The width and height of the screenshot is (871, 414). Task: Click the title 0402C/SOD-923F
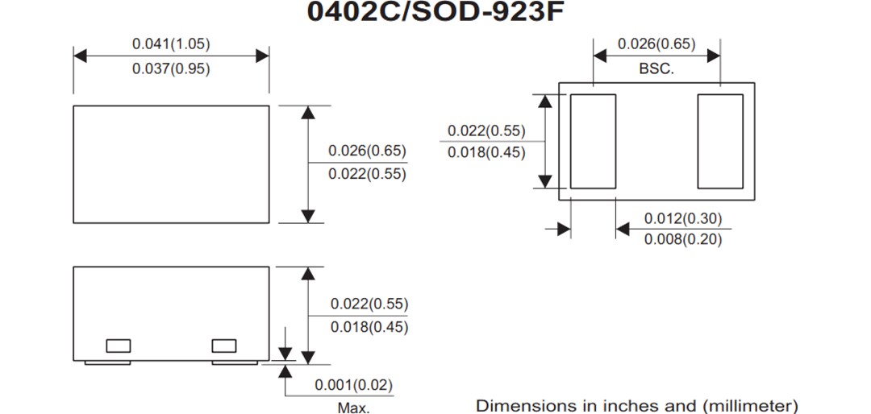tap(432, 12)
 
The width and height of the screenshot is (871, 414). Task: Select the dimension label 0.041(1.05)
tap(171, 43)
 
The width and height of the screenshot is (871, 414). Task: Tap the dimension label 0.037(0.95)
tap(171, 69)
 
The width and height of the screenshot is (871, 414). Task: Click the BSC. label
tap(656, 69)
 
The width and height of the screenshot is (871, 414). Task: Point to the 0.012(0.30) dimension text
tap(683, 218)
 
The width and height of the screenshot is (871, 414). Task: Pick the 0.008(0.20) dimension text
tap(683, 239)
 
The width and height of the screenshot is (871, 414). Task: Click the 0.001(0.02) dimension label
tap(354, 386)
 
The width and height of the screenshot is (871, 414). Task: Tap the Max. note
tap(353, 408)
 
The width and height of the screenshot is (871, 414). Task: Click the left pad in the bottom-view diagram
tap(593, 141)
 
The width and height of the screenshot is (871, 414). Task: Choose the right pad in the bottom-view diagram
tap(720, 141)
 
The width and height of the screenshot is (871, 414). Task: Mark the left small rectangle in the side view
tap(118, 346)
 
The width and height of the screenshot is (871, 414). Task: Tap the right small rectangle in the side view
tap(224, 346)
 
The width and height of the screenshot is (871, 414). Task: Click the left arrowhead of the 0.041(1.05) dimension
tap(79, 56)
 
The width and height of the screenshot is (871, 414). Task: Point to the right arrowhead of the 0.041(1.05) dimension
tap(263, 56)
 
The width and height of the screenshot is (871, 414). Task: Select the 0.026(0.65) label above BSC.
tap(656, 43)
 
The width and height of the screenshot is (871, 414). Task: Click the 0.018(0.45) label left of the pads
tap(486, 152)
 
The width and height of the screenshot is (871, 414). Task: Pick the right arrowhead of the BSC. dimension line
tap(714, 56)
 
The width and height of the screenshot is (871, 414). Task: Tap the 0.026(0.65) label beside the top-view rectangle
tap(367, 151)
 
